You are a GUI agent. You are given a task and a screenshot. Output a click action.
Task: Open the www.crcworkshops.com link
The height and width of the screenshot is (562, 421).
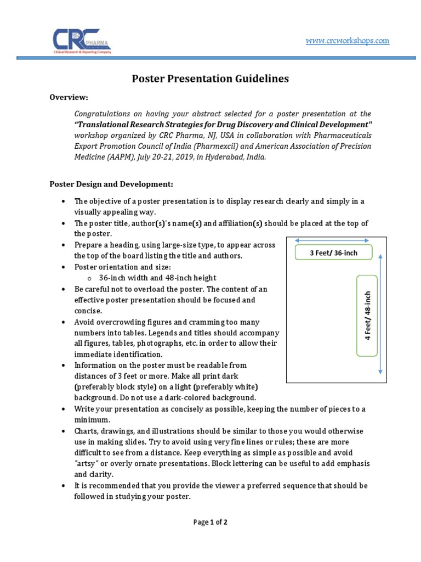[347, 41]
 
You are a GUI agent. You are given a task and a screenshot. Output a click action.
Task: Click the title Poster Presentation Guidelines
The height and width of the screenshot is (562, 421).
[210, 79]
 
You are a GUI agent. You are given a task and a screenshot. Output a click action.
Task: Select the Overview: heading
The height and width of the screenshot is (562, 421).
[69, 97]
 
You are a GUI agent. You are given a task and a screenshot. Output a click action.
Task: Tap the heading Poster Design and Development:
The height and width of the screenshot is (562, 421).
[111, 183]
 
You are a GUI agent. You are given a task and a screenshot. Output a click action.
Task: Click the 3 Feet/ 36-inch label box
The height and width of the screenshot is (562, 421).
[333, 252]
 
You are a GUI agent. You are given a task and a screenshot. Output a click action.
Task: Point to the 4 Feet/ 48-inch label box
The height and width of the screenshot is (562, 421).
[368, 316]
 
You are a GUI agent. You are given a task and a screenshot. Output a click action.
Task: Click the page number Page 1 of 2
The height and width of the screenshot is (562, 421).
[210, 522]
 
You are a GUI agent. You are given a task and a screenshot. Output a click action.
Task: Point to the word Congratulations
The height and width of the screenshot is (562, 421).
[101, 114]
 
